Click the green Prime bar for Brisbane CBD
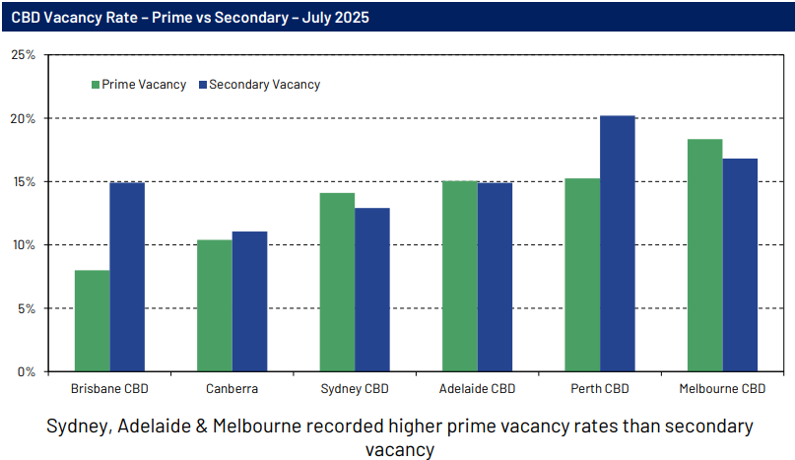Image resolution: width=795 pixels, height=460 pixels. tap(92, 320)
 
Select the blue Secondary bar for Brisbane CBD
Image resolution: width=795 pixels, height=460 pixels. tap(127, 277)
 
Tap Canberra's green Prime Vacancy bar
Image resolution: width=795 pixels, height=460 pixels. tap(215, 305)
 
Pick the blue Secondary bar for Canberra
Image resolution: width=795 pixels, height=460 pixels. tap(249, 301)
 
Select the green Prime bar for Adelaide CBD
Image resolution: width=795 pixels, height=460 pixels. tap(460, 276)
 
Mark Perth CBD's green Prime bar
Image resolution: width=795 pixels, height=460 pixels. tap(582, 275)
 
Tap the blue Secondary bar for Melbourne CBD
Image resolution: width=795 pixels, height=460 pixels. tap(740, 265)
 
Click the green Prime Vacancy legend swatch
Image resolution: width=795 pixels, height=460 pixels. tap(95, 85)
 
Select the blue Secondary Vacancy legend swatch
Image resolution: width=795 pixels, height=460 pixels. tap(202, 85)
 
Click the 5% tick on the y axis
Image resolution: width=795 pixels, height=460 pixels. tap(26, 308)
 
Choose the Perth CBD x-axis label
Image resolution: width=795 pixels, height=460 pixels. tap(600, 389)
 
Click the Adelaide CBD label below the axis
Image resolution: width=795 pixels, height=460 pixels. tap(478, 389)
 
